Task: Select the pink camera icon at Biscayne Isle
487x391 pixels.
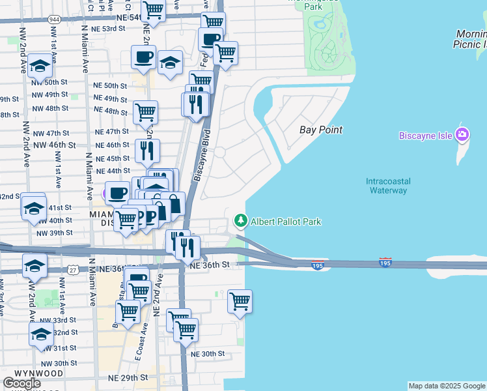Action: coord(462,135)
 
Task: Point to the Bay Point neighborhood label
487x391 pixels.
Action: coord(321,130)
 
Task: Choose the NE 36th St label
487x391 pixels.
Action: coord(208,265)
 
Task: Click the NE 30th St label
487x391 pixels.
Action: coord(208,354)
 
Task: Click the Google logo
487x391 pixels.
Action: coord(22,383)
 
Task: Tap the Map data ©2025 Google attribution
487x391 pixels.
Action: coord(447,386)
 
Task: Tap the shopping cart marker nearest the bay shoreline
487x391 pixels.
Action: coord(240,302)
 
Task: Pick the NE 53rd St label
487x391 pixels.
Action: coord(109,29)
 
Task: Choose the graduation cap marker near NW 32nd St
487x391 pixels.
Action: coord(40,334)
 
